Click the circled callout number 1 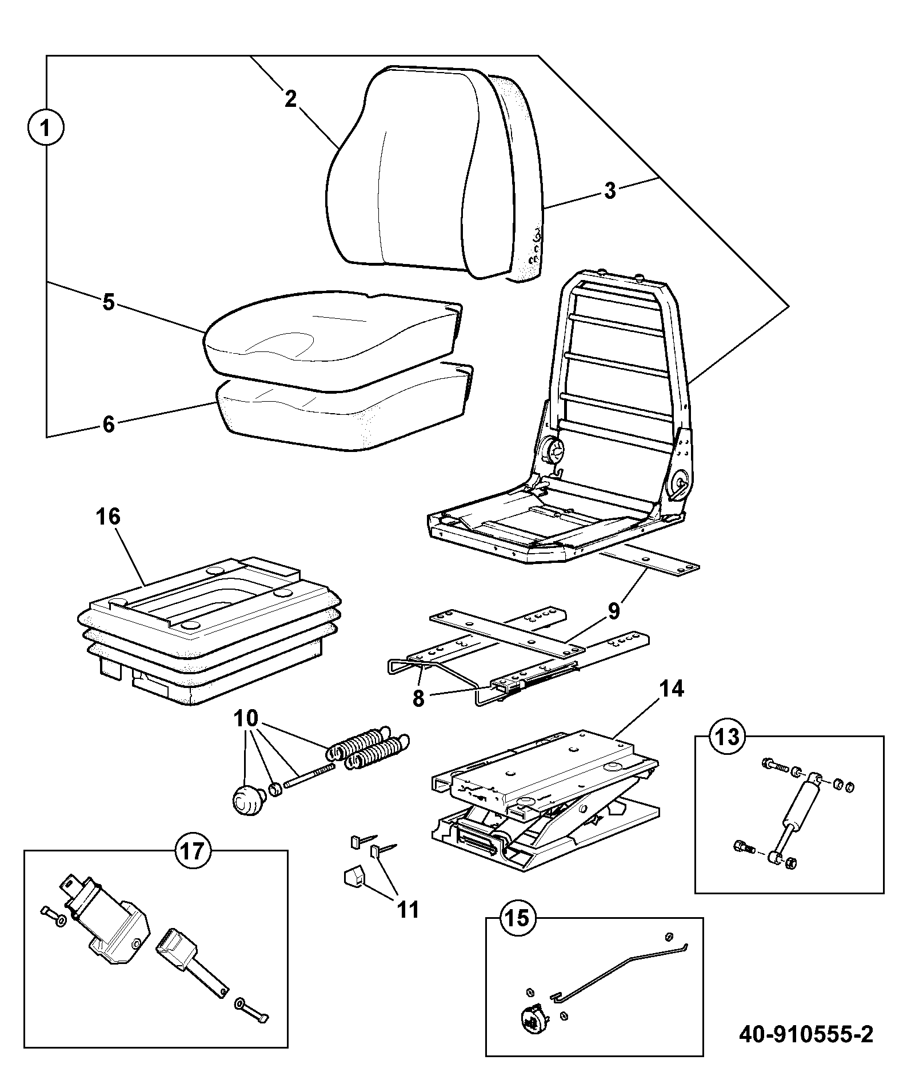46,126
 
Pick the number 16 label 109,517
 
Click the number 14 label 672,689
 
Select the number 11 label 408,909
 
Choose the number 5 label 109,301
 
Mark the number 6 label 109,425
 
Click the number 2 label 291,99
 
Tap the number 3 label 610,190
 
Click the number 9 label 613,611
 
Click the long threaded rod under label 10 309,776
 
